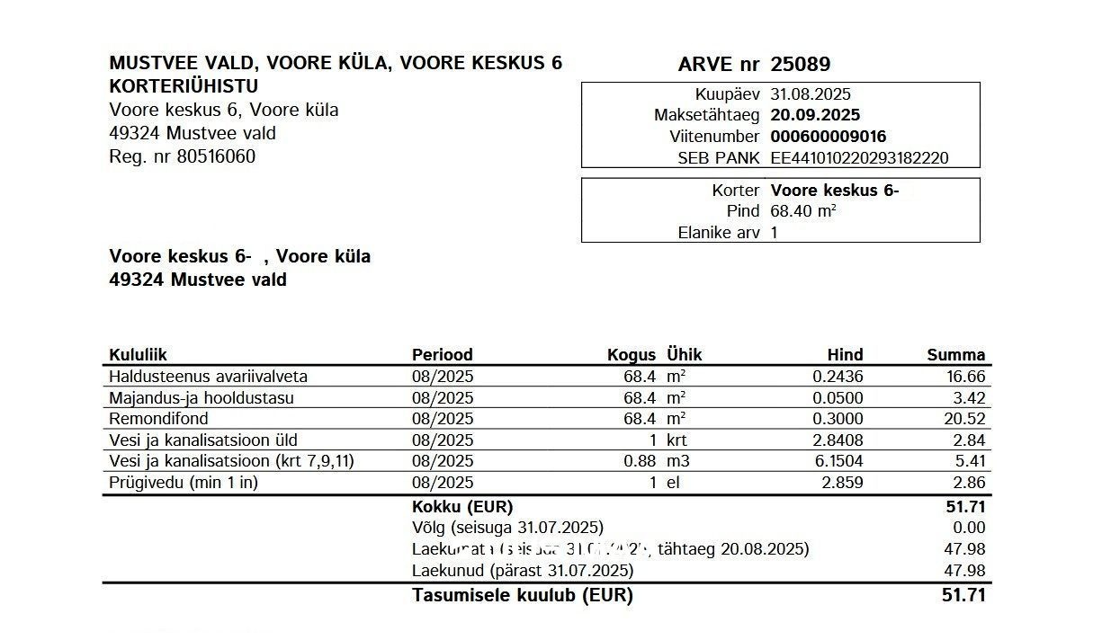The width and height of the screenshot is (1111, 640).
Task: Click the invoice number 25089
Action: click(x=800, y=65)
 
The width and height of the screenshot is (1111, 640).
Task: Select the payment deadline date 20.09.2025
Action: click(x=815, y=115)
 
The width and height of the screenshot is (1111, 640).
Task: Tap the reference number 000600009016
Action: click(x=828, y=137)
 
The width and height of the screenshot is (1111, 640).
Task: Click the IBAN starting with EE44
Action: click(x=859, y=158)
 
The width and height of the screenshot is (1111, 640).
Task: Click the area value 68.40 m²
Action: click(x=803, y=211)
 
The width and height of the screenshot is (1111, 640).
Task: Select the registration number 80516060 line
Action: click(x=182, y=156)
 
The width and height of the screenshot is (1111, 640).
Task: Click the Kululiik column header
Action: click(x=138, y=355)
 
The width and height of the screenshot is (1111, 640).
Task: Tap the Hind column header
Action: click(x=844, y=355)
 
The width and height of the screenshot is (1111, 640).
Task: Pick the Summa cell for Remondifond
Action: click(x=966, y=419)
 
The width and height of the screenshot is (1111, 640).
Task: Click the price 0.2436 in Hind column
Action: click(x=837, y=377)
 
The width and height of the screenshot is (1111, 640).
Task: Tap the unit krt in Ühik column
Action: click(x=676, y=440)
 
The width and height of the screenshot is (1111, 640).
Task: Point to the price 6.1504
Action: click(x=837, y=461)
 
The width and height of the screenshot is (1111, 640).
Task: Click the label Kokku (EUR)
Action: click(x=461, y=507)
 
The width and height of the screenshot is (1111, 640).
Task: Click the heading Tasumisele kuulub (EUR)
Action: click(x=522, y=595)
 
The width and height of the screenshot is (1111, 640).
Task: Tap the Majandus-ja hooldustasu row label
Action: click(x=201, y=398)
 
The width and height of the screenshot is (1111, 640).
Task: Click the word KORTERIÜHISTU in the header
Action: click(x=183, y=87)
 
